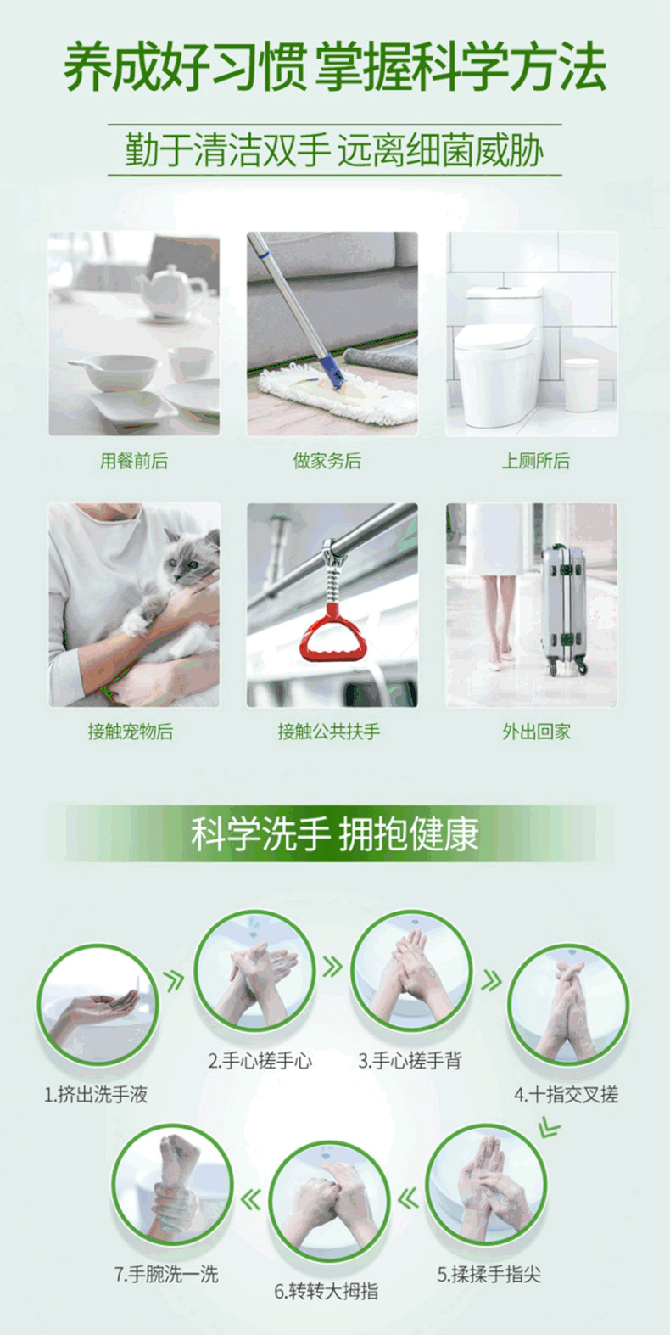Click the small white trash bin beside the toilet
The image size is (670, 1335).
tap(581, 385)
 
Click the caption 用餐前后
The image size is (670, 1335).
tap(134, 461)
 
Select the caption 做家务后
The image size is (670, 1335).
tap(327, 461)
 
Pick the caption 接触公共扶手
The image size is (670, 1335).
tap(329, 732)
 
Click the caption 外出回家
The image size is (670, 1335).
tap(536, 732)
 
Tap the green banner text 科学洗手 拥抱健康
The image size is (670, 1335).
tap(335, 833)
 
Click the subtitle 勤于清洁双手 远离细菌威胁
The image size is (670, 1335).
tap(334, 150)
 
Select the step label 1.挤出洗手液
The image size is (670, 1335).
tap(96, 1094)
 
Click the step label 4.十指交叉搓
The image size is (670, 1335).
tap(567, 1094)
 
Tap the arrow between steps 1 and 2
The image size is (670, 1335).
tap(174, 980)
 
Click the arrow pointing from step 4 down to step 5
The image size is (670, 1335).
tap(549, 1127)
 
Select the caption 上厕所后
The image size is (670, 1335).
tap(535, 461)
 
